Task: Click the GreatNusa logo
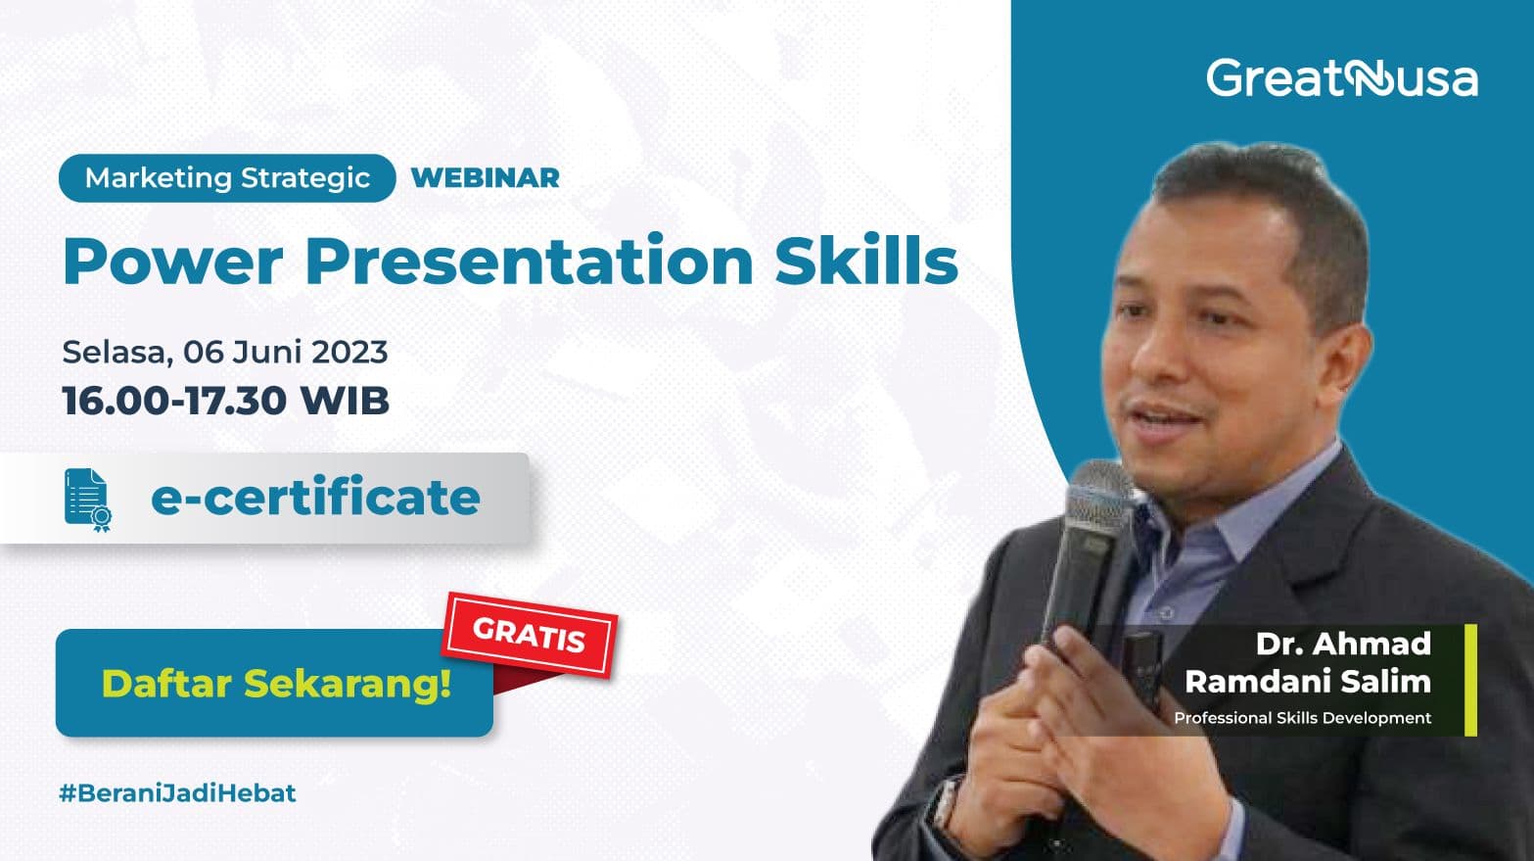(1341, 78)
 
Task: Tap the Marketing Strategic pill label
(227, 178)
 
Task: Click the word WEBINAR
(486, 178)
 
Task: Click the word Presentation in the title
(529, 262)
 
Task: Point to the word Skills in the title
(866, 262)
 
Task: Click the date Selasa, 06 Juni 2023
(225, 352)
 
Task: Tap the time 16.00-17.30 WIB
(225, 401)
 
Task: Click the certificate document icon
(87, 500)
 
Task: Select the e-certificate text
(315, 498)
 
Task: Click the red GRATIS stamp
(530, 636)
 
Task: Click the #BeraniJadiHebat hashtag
(177, 792)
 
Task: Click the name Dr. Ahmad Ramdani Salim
(1308, 662)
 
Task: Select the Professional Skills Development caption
(1302, 718)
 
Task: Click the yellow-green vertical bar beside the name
(1469, 680)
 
